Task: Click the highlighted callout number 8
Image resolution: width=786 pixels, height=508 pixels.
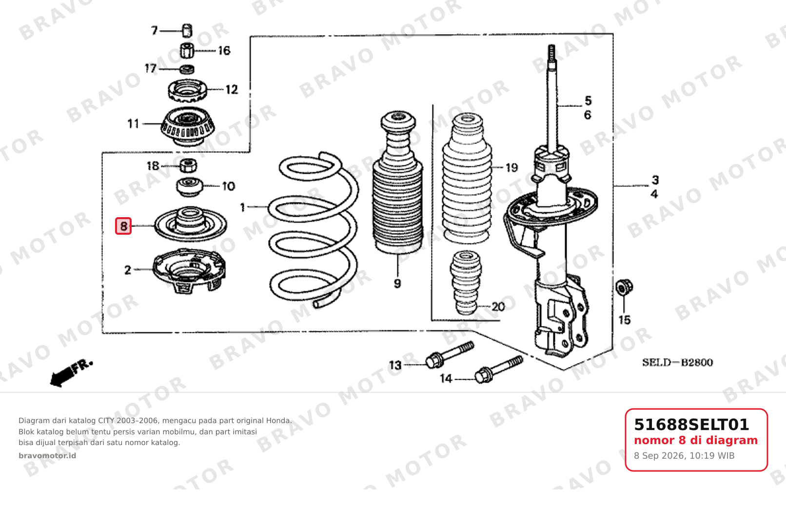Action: pyautogui.click(x=123, y=226)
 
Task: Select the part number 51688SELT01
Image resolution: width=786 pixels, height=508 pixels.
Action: pyautogui.click(x=691, y=425)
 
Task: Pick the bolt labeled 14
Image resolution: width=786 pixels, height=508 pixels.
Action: pyautogui.click(x=499, y=369)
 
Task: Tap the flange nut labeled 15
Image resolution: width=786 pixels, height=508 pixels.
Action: pyautogui.click(x=624, y=287)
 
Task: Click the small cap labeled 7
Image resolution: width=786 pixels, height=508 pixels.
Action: pyautogui.click(x=187, y=30)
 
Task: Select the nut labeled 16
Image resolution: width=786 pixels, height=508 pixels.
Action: pyautogui.click(x=187, y=51)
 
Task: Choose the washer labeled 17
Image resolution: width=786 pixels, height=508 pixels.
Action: pyautogui.click(x=187, y=69)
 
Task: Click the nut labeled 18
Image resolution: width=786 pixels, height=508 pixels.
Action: pyautogui.click(x=188, y=165)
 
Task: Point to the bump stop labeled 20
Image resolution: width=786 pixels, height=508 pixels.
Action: pyautogui.click(x=466, y=282)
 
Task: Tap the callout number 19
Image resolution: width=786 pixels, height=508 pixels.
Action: pyautogui.click(x=511, y=168)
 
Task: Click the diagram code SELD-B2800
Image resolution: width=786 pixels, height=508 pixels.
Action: pyautogui.click(x=677, y=362)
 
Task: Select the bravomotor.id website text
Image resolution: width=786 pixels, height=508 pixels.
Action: pyautogui.click(x=47, y=455)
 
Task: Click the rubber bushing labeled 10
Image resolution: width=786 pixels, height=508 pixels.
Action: pyautogui.click(x=189, y=187)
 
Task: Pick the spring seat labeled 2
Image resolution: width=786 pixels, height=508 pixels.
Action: pyautogui.click(x=189, y=270)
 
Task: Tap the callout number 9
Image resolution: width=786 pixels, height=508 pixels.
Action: pyautogui.click(x=397, y=284)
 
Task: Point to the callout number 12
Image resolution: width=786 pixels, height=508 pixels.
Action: pyautogui.click(x=232, y=89)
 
